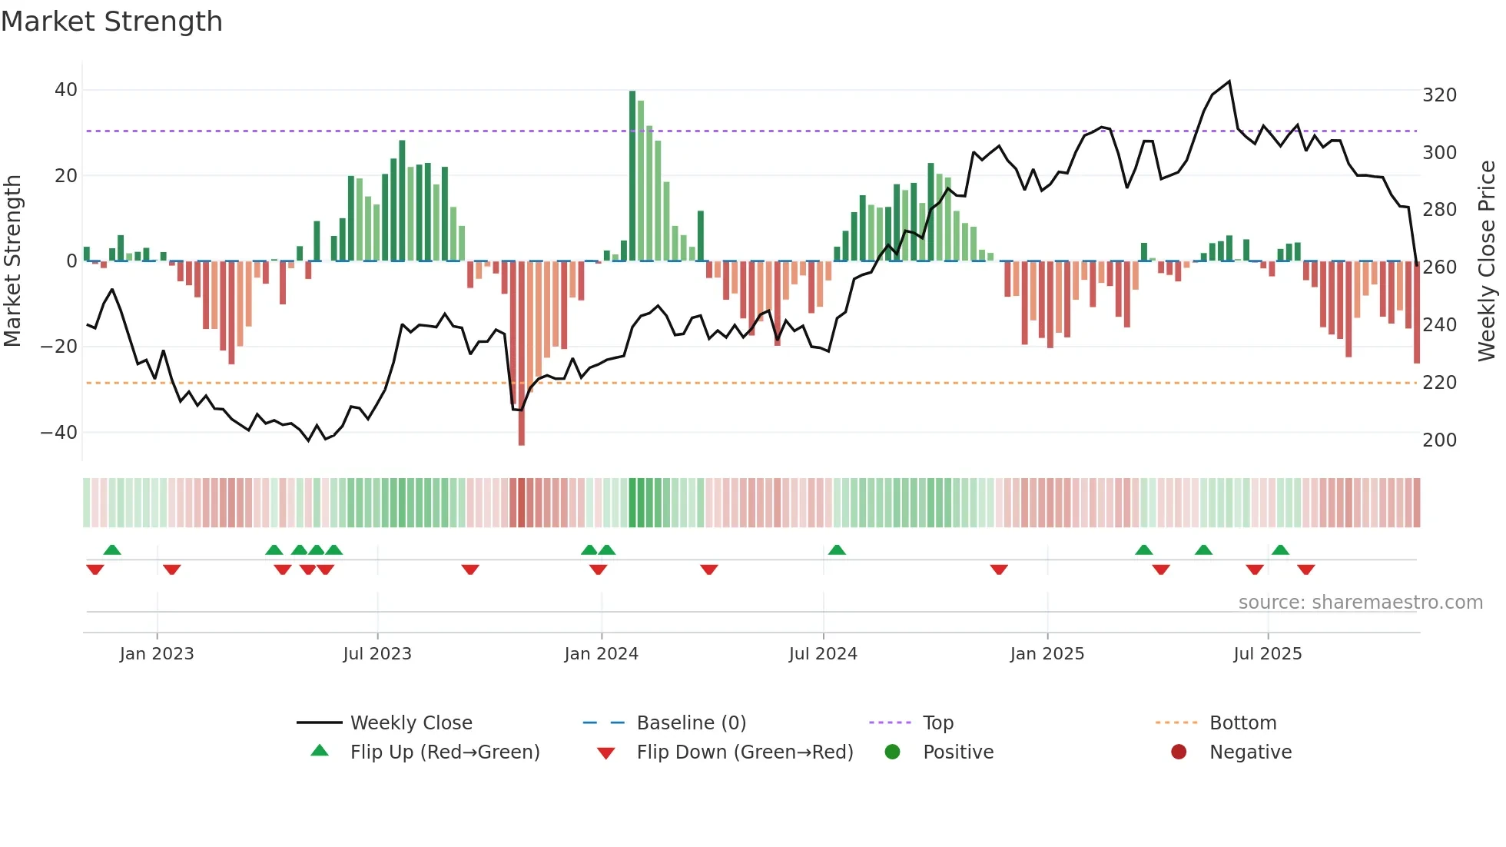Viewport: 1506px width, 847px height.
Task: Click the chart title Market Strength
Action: (x=111, y=22)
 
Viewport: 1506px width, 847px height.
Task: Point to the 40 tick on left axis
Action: (x=66, y=90)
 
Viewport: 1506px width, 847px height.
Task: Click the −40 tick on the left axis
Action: (x=60, y=433)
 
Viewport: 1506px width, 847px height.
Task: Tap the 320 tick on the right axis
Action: (x=1439, y=95)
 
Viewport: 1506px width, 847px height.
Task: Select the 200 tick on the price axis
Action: (x=1439, y=440)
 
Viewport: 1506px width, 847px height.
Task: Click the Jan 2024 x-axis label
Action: (x=601, y=654)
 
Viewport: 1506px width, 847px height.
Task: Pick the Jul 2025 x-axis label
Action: (x=1267, y=654)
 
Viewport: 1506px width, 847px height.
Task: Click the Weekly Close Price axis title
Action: (x=1487, y=261)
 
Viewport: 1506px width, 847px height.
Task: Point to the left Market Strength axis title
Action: (x=12, y=261)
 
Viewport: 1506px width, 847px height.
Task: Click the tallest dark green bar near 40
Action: (x=632, y=175)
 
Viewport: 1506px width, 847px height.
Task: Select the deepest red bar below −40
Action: (x=522, y=354)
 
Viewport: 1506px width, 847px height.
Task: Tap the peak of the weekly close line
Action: (x=1229, y=81)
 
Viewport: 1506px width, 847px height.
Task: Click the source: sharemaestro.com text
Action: (x=1360, y=603)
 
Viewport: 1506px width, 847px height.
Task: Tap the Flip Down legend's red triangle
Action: (x=605, y=753)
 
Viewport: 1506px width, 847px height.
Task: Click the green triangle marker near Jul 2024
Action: (x=837, y=550)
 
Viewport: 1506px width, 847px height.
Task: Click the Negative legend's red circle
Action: (x=1179, y=752)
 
